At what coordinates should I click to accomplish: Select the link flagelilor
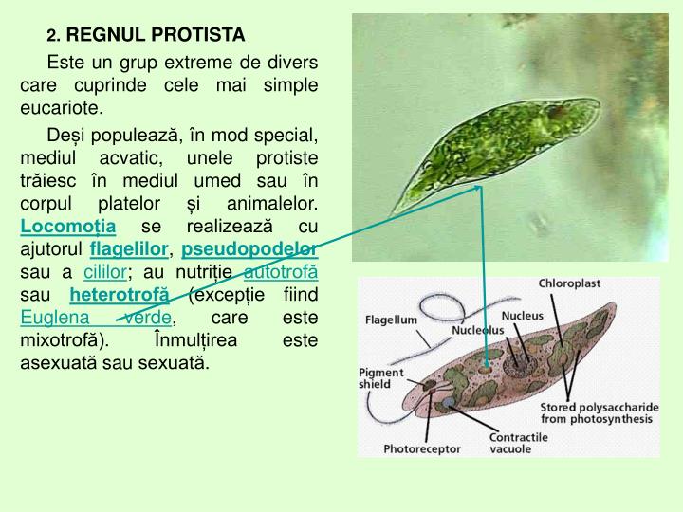click(129, 250)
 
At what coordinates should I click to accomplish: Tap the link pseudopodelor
click(249, 250)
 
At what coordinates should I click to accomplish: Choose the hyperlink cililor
click(104, 273)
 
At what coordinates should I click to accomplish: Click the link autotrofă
click(281, 273)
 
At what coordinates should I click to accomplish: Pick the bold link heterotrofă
click(120, 296)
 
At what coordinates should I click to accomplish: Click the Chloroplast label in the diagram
click(569, 283)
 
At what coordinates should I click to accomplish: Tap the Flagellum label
click(392, 320)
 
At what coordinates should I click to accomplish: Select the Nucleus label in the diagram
click(522, 316)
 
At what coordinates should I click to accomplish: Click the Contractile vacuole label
click(518, 443)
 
